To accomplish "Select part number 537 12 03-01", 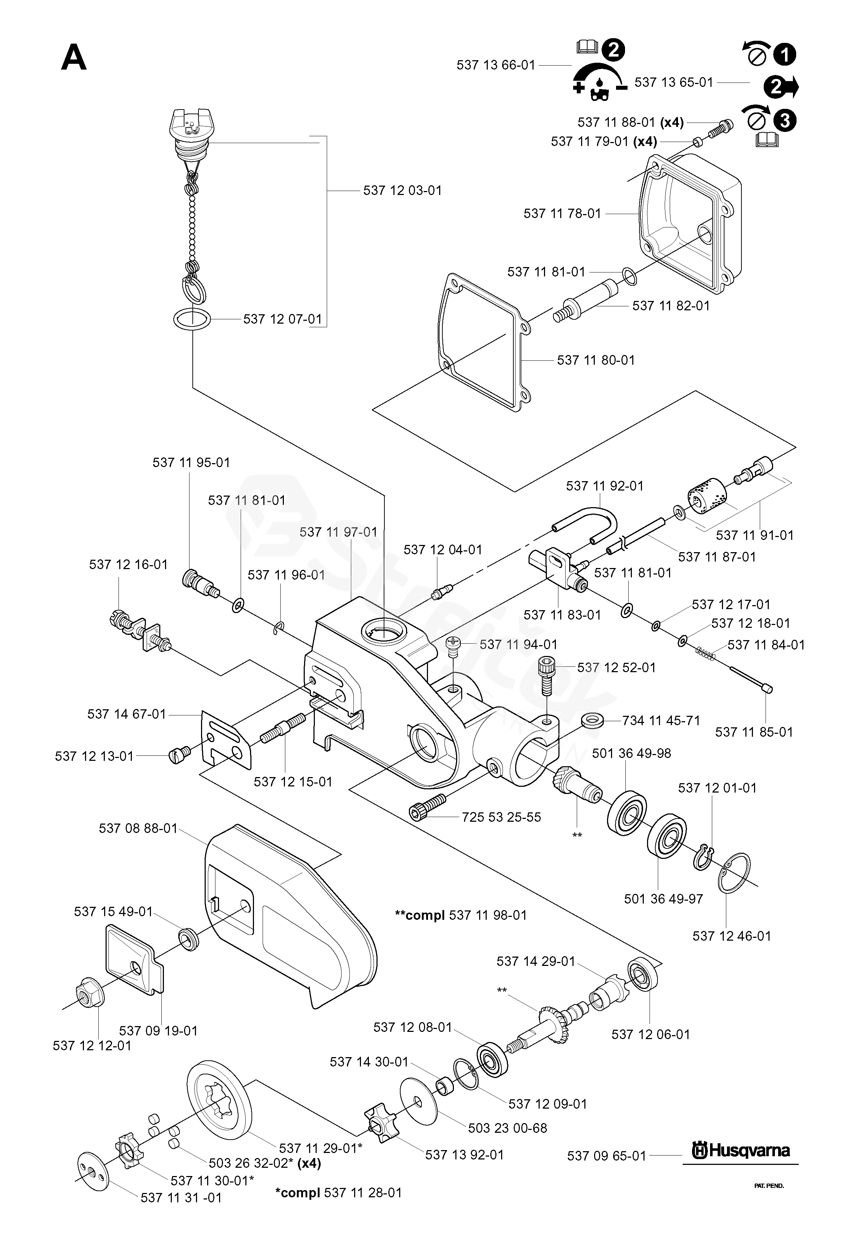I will [x=402, y=191].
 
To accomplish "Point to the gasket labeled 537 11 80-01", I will [x=483, y=342].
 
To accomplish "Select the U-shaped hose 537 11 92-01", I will [x=588, y=524].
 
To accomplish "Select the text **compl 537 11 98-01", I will [x=460, y=915].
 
